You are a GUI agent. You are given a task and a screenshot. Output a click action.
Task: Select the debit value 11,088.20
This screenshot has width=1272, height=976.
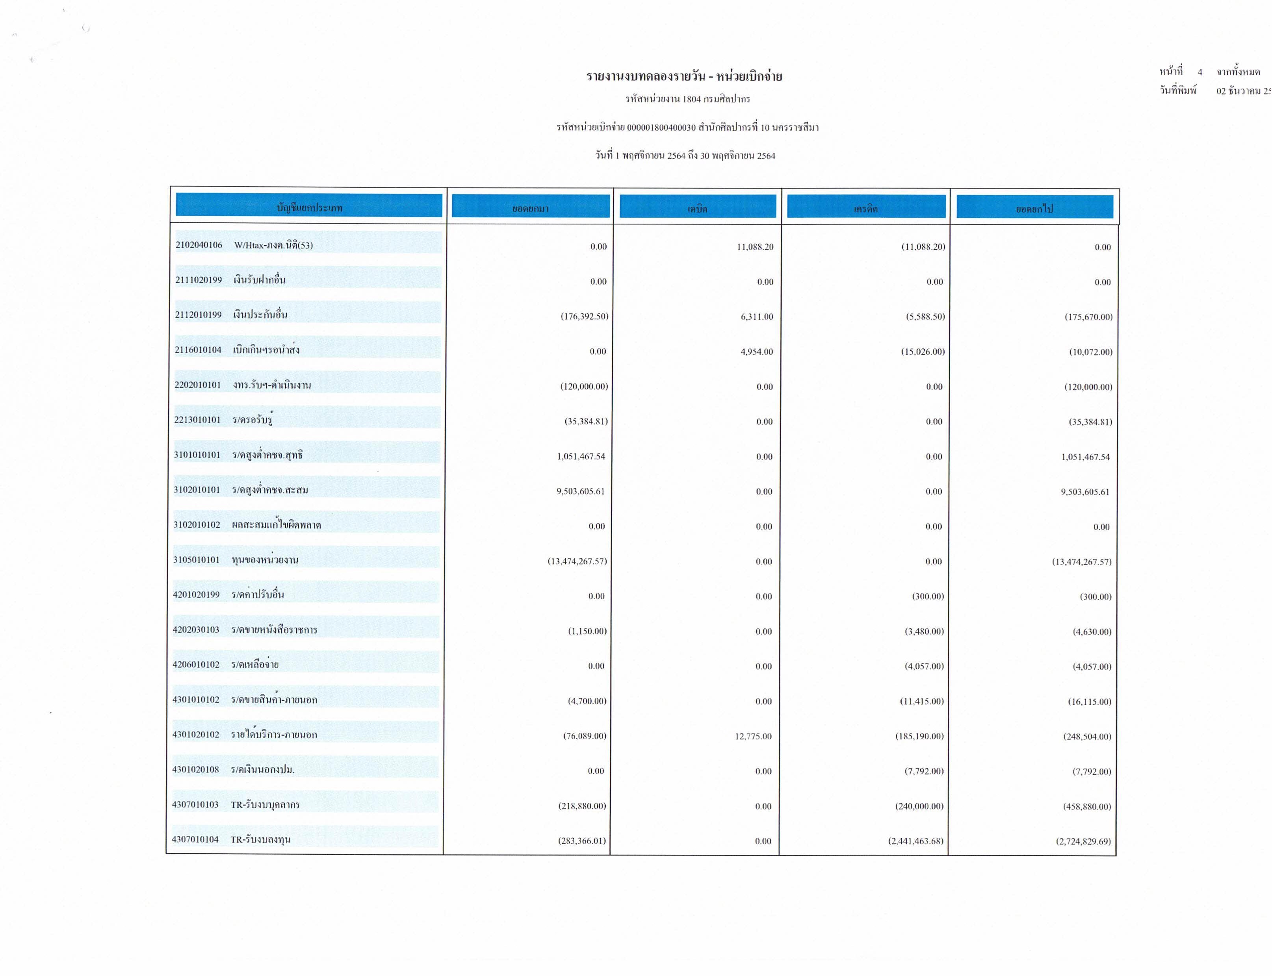point(755,247)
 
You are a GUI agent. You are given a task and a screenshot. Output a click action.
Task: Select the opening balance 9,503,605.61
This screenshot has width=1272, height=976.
point(580,491)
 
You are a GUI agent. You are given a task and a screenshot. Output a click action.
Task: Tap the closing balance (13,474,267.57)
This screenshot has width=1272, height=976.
point(1081,562)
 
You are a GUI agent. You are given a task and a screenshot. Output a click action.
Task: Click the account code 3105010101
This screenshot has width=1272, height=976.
point(197,560)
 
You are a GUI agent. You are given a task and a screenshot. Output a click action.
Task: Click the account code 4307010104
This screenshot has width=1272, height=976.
point(195,839)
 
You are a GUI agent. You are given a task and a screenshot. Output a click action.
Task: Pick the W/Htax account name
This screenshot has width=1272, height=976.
point(273,245)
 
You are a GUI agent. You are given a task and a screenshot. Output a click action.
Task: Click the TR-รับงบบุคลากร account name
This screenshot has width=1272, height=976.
point(265,805)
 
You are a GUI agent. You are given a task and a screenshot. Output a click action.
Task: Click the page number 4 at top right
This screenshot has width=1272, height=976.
point(1200,72)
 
